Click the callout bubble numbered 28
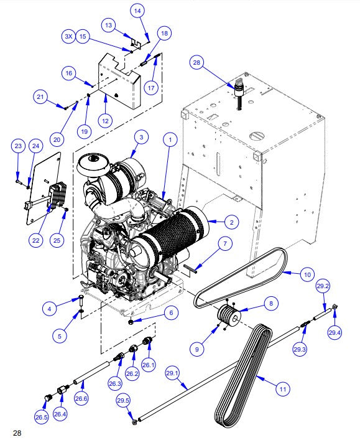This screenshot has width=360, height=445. point(197,63)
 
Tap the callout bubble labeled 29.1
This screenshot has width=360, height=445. point(172,374)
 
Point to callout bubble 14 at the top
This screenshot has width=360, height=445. point(138,11)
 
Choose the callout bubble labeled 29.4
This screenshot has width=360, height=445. point(336,333)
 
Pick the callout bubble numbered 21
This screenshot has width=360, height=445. point(40,96)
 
